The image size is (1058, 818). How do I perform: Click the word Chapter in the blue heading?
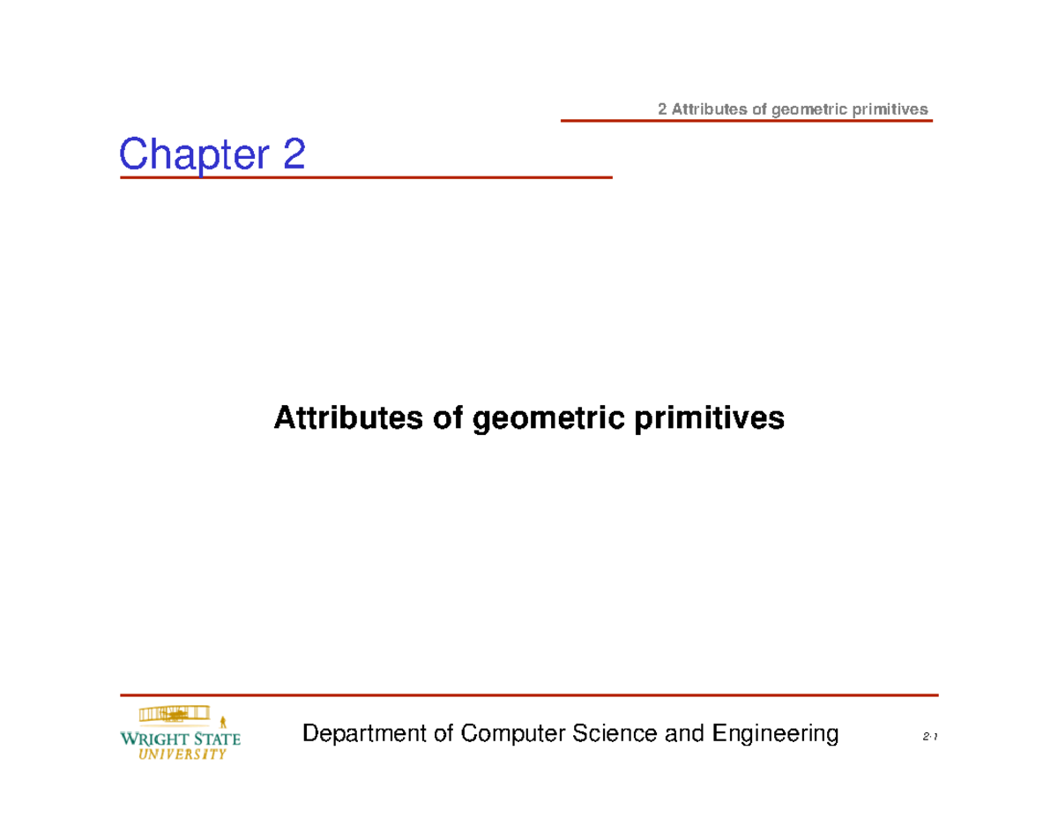194,155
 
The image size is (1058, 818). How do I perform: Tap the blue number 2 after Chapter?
294,155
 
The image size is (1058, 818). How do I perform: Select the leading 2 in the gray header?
663,109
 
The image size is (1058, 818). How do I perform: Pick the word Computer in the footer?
512,733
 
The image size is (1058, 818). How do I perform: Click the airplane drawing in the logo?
174,713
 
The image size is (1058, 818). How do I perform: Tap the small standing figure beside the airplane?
223,721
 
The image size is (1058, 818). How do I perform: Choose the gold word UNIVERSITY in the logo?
182,754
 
